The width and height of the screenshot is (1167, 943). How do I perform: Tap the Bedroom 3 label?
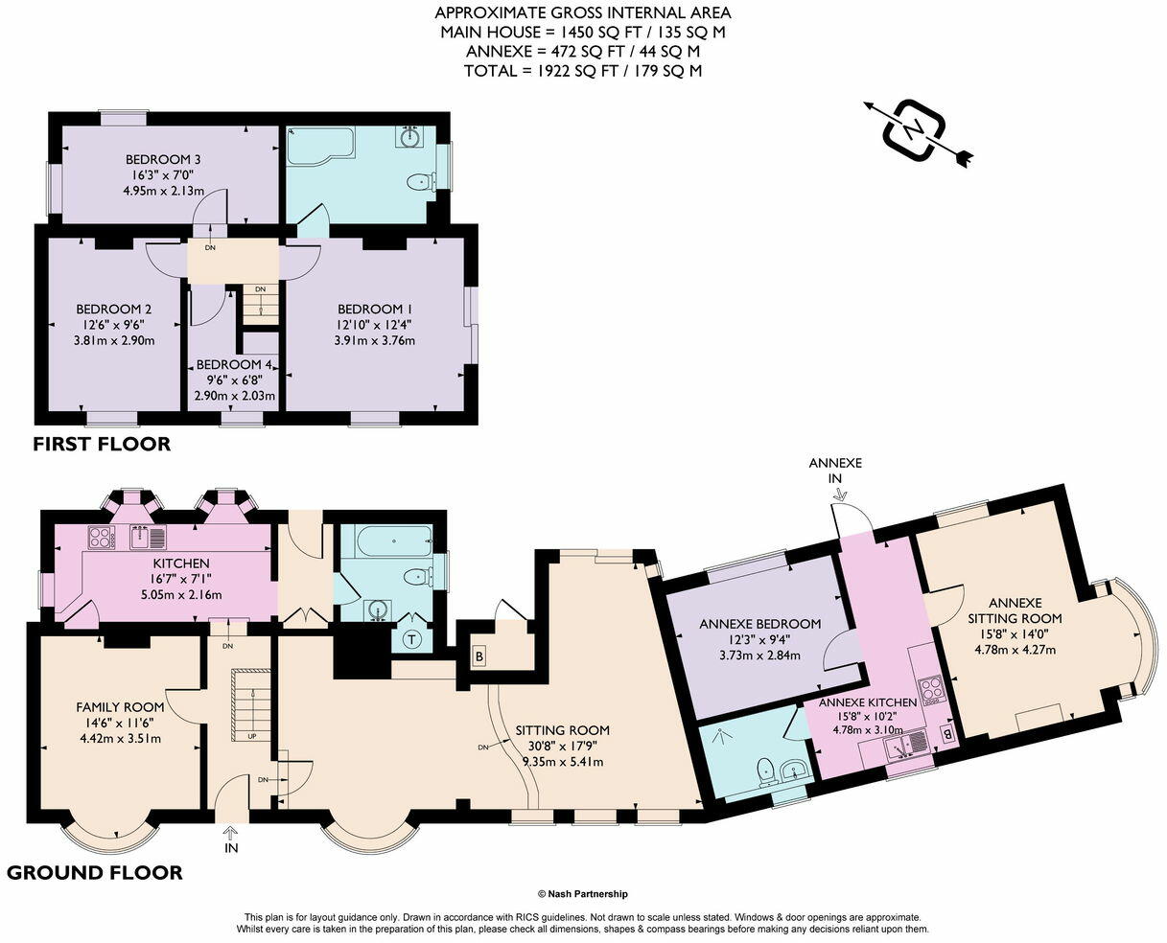click(x=163, y=159)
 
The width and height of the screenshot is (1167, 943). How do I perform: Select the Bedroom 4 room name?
click(x=234, y=364)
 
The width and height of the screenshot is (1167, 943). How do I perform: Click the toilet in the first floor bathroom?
click(x=422, y=181)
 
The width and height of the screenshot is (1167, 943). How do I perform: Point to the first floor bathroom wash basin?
click(x=408, y=136)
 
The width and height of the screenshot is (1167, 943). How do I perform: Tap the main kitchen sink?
click(x=148, y=538)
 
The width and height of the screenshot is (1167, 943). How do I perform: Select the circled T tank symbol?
click(x=412, y=639)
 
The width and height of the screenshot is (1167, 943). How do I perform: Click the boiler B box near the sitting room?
click(x=478, y=656)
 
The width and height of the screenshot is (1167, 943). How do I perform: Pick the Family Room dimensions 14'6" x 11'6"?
click(x=120, y=723)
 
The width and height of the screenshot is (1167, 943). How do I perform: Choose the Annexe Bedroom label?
click(x=759, y=624)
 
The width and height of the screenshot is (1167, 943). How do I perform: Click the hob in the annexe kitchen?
click(x=931, y=691)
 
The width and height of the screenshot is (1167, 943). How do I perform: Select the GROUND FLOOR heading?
click(x=94, y=872)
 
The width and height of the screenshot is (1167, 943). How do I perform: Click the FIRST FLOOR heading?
click(x=102, y=444)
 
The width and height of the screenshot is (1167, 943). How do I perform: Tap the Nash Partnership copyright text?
click(x=583, y=894)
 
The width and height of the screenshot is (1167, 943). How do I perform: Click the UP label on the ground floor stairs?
click(x=251, y=736)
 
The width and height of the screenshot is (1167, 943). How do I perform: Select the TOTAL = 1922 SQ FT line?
click(x=583, y=71)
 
